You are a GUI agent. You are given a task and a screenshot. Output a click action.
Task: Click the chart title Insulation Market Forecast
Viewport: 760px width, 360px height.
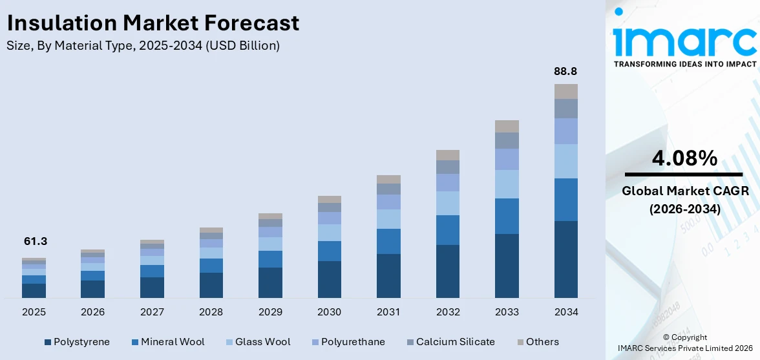153,23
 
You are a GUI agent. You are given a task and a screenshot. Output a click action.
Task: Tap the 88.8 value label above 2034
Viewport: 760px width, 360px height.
565,71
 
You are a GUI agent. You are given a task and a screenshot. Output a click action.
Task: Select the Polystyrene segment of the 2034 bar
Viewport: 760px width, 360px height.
565,259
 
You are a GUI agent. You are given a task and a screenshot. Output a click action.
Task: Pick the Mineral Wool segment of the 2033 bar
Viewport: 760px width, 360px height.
507,216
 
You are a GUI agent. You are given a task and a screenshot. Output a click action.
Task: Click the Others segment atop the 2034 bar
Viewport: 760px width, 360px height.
565,91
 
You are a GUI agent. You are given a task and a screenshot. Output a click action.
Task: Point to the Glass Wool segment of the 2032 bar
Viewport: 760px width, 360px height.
447,203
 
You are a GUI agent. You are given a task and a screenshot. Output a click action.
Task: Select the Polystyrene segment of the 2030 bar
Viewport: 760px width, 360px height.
329,279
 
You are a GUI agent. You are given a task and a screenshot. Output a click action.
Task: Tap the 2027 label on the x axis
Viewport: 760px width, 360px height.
152,312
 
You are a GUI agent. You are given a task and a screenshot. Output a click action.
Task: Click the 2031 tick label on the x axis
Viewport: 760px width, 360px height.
388,312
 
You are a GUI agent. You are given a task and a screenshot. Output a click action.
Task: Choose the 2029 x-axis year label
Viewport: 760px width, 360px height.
270,312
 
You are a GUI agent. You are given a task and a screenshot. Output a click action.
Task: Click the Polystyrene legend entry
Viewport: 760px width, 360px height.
77,342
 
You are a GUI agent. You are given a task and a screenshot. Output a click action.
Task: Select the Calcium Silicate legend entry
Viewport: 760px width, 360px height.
450,342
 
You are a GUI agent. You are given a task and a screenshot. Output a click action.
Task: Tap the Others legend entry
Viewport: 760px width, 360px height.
538,342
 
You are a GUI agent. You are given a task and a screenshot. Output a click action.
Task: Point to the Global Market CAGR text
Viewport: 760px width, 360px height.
684,191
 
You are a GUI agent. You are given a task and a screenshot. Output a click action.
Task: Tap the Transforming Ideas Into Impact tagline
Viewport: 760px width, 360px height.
684,64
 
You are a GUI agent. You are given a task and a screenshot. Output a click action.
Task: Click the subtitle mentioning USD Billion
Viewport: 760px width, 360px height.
143,45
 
